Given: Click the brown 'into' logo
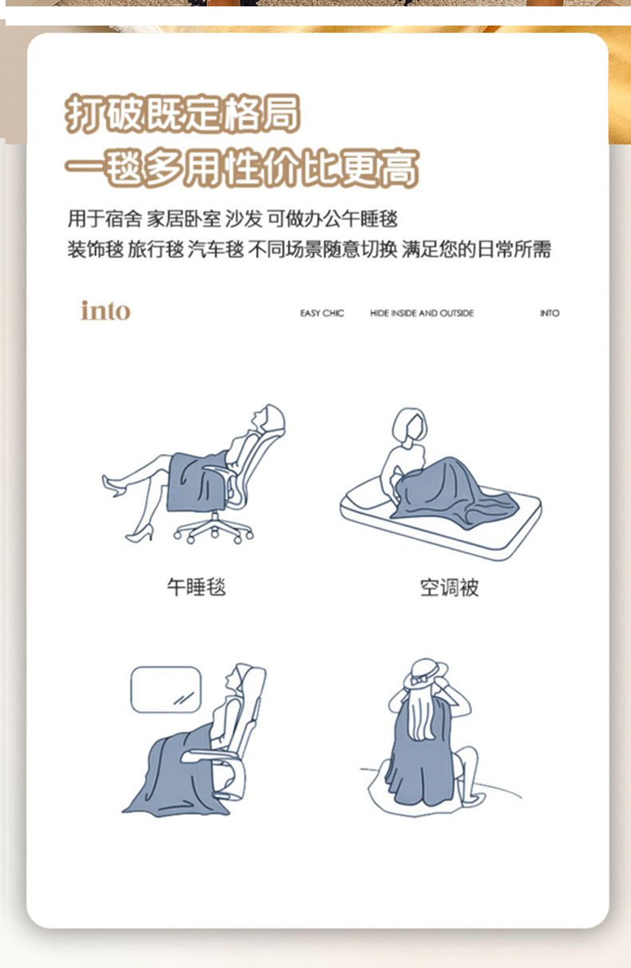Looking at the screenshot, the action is tap(105, 310).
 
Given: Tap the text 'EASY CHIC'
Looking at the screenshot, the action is tap(322, 314).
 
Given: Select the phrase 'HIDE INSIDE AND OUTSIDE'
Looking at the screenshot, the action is tap(422, 314).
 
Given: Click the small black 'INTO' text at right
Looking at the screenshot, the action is tap(550, 314).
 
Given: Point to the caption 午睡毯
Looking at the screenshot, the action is tap(196, 587).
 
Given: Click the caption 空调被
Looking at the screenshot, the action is tap(450, 587).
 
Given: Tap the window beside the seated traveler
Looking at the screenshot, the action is tap(166, 689).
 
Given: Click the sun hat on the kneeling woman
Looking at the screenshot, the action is tap(426, 674).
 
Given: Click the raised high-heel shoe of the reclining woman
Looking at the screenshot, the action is tap(113, 486).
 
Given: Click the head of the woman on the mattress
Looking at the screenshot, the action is tap(410, 425).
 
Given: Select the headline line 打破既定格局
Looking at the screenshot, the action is tap(182, 113).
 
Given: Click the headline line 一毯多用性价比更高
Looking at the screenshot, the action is tap(242, 168).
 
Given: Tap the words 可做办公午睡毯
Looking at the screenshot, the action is tap(332, 219).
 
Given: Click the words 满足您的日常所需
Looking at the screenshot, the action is tap(476, 249).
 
